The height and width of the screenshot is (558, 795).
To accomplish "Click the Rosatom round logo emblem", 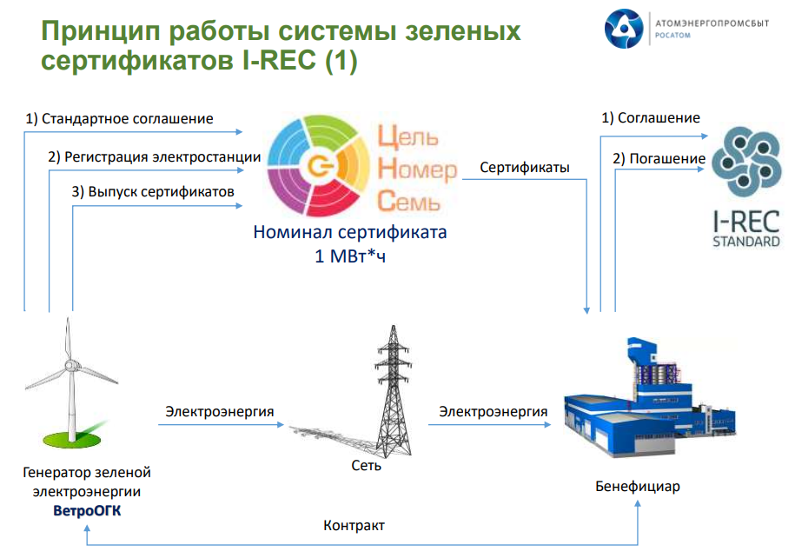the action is tap(624, 29).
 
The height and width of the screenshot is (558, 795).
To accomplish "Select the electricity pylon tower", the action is tap(393, 390).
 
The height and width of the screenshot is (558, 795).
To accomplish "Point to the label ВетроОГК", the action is tap(87, 510).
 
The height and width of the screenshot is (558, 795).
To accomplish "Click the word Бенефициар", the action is tap(638, 486).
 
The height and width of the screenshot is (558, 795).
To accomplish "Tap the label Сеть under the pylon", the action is tap(366, 465).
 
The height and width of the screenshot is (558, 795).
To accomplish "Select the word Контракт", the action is tap(354, 525).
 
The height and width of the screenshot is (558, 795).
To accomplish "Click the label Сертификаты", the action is tap(525, 168).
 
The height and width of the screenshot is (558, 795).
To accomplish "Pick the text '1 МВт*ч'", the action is tap(350, 256).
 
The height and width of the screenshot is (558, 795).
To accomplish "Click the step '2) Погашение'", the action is tap(659, 159).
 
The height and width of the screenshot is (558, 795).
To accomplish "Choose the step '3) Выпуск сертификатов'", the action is tap(153, 192).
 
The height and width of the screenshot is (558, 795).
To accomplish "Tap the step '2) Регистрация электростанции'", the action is tap(154, 157).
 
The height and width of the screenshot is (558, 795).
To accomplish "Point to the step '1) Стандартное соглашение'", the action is tap(119, 119).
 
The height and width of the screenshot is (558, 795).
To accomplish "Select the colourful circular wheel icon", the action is tap(319, 165).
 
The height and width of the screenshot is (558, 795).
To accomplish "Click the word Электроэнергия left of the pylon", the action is tap(220, 411).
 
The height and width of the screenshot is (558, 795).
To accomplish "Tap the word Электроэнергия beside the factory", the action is tap(493, 411).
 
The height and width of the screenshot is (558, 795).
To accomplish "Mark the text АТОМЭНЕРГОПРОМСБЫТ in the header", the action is tap(712, 23).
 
